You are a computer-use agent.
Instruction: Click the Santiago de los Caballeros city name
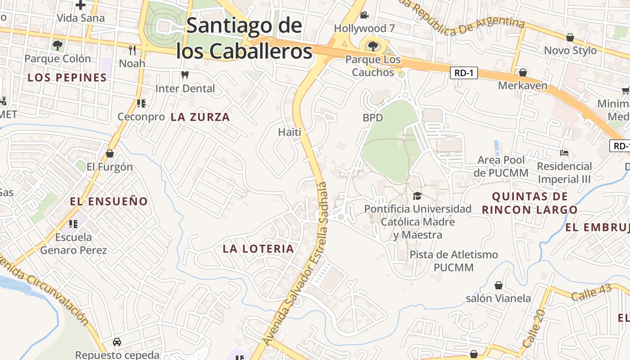[244, 38]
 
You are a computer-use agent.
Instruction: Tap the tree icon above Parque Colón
[58, 45]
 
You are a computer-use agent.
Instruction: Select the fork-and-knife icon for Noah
[132, 49]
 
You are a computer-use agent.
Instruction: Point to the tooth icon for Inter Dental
[184, 75]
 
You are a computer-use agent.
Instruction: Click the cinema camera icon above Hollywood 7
[364, 15]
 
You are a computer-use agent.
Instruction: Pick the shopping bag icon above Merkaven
[523, 72]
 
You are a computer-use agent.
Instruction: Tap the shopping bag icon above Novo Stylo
[570, 37]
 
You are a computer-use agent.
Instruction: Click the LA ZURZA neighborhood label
[200, 117]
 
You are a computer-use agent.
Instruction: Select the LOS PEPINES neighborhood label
[67, 77]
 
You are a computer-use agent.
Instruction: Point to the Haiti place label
[289, 132]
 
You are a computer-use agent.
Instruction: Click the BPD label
[373, 118]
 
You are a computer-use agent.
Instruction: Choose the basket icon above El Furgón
[110, 153]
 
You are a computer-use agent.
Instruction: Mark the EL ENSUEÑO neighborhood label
[109, 201]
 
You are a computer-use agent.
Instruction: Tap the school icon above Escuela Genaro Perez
[73, 224]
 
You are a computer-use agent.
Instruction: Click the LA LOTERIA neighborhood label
[258, 248]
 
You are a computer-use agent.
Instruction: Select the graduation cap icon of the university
[417, 196]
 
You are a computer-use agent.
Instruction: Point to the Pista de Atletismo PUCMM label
[454, 261]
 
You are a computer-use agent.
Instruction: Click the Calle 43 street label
[591, 293]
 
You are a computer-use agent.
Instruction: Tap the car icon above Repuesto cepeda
[117, 342]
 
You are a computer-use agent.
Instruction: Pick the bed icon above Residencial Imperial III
[564, 153]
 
